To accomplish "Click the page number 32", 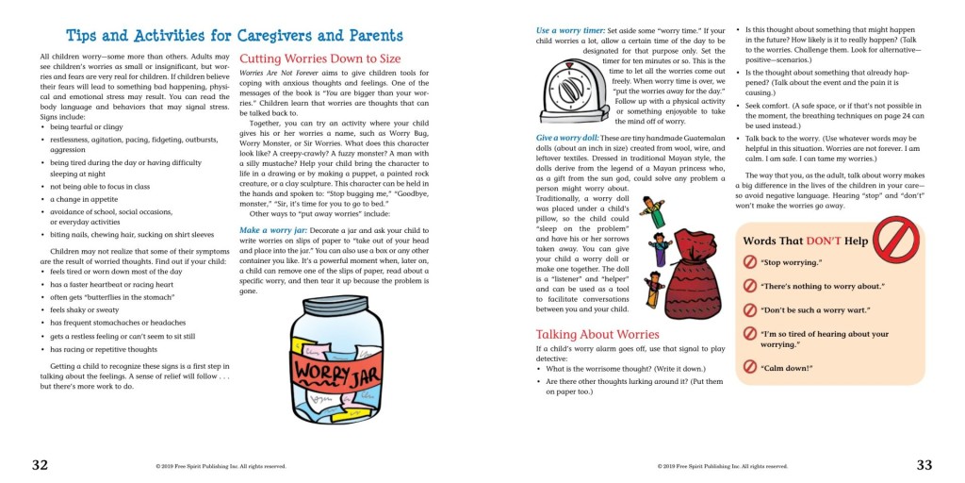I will (40, 464).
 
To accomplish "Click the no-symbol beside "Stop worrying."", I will (750, 261).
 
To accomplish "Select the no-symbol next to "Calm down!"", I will (750, 366).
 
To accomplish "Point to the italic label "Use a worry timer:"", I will (571, 31).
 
